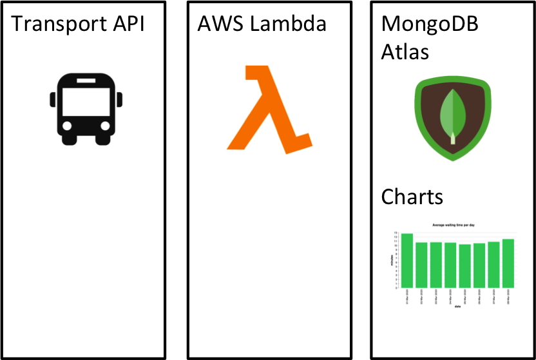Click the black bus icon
click(x=86, y=108)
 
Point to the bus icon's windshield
click(x=86, y=99)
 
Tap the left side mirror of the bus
click(x=53, y=99)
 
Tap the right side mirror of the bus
click(x=120, y=99)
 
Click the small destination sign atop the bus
click(x=86, y=81)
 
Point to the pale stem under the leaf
click(x=453, y=138)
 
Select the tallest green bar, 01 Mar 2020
click(x=407, y=260)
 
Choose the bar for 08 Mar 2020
click(x=508, y=263)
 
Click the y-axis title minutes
click(x=392, y=260)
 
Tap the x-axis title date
click(x=457, y=307)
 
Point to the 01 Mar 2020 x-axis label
click(x=407, y=297)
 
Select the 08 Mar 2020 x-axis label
click(x=508, y=297)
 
